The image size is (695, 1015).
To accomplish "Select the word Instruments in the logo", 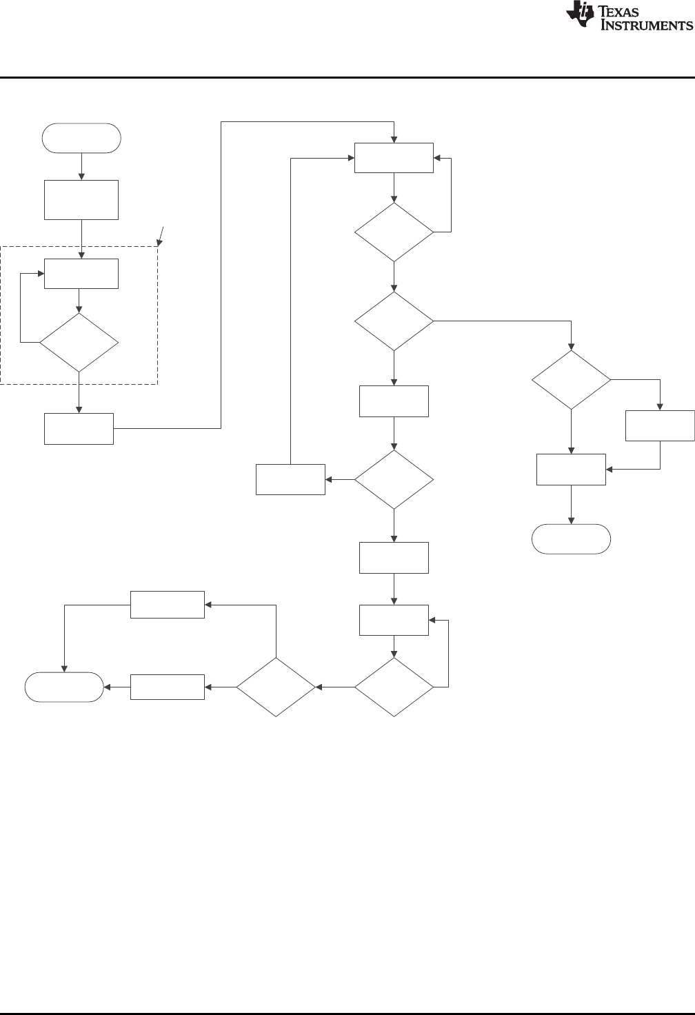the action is click(647, 26).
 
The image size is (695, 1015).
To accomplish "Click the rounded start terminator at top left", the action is click(81, 138).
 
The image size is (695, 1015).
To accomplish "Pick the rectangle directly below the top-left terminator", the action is click(81, 200).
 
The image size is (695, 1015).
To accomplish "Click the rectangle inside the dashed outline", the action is click(81, 273).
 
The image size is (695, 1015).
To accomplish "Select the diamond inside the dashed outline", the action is click(79, 343).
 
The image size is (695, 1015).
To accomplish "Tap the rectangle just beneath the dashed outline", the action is click(79, 428).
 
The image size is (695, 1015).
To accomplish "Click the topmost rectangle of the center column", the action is click(394, 158).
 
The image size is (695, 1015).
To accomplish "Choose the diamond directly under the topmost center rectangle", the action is click(394, 232).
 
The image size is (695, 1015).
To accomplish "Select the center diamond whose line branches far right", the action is click(394, 321).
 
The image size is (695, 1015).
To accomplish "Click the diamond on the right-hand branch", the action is click(571, 380).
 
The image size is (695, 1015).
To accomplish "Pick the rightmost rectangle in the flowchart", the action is click(660, 425).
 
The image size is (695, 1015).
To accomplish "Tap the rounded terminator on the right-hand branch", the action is click(571, 539).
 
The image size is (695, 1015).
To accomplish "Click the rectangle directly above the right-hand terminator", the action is click(571, 469).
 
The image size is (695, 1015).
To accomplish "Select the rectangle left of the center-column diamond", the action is click(290, 479).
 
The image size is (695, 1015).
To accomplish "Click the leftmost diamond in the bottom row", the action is click(276, 687).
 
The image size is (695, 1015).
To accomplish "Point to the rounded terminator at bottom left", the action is click(64, 687).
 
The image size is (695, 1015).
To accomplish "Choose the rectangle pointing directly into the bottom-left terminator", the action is click(168, 687).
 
